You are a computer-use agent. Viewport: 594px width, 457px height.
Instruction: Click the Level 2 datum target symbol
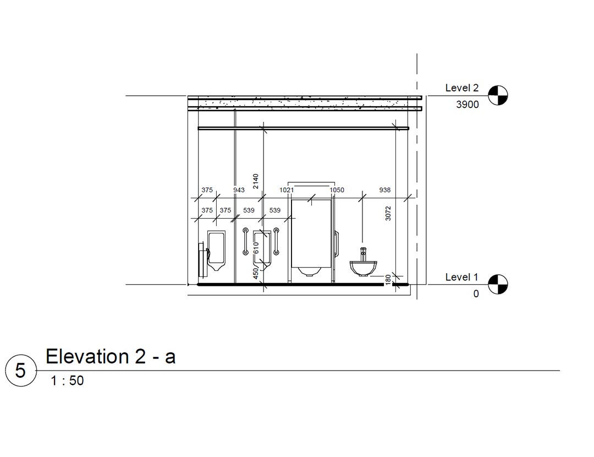(x=498, y=95)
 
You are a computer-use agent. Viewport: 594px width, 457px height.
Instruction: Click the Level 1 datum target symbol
(x=498, y=284)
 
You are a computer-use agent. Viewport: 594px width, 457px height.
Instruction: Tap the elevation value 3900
(x=468, y=105)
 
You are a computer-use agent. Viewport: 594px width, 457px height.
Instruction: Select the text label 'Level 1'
(x=461, y=277)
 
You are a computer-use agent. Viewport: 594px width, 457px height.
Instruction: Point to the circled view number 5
(x=20, y=371)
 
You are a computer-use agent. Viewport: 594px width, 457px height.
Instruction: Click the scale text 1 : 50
(x=68, y=380)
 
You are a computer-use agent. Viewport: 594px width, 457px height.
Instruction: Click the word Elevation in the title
(x=87, y=356)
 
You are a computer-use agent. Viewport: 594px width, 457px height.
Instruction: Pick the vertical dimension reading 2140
(x=256, y=181)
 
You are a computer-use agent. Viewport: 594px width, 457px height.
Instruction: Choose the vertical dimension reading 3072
(x=388, y=213)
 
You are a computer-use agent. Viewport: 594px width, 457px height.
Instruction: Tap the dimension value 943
(x=239, y=190)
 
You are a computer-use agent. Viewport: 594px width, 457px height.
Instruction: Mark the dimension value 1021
(x=287, y=190)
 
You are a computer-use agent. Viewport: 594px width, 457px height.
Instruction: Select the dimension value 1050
(x=337, y=190)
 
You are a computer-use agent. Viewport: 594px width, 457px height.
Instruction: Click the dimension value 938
(x=385, y=190)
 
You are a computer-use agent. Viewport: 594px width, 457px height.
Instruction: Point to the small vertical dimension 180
(x=388, y=280)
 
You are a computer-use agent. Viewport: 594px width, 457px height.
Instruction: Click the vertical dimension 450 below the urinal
(x=256, y=274)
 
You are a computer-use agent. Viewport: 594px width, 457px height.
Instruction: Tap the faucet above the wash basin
(x=362, y=254)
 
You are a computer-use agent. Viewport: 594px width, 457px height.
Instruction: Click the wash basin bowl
(x=363, y=268)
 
